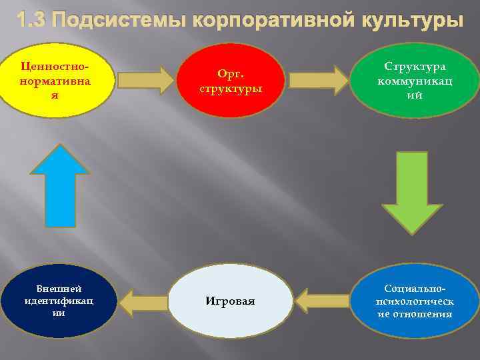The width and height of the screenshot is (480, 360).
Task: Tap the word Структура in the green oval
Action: coord(415,67)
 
